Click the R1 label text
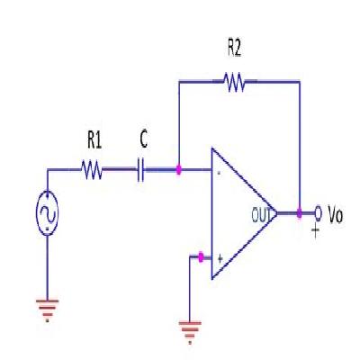pos(94,140)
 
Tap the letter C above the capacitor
pos(144,139)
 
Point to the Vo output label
pos(335,215)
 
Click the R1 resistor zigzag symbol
pos(94,168)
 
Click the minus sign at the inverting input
pos(219,171)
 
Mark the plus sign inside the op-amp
pos(219,257)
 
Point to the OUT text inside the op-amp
pos(262,214)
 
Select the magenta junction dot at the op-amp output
pos(299,214)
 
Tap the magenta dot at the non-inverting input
pos(200,257)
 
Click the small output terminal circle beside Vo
pos(317,213)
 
